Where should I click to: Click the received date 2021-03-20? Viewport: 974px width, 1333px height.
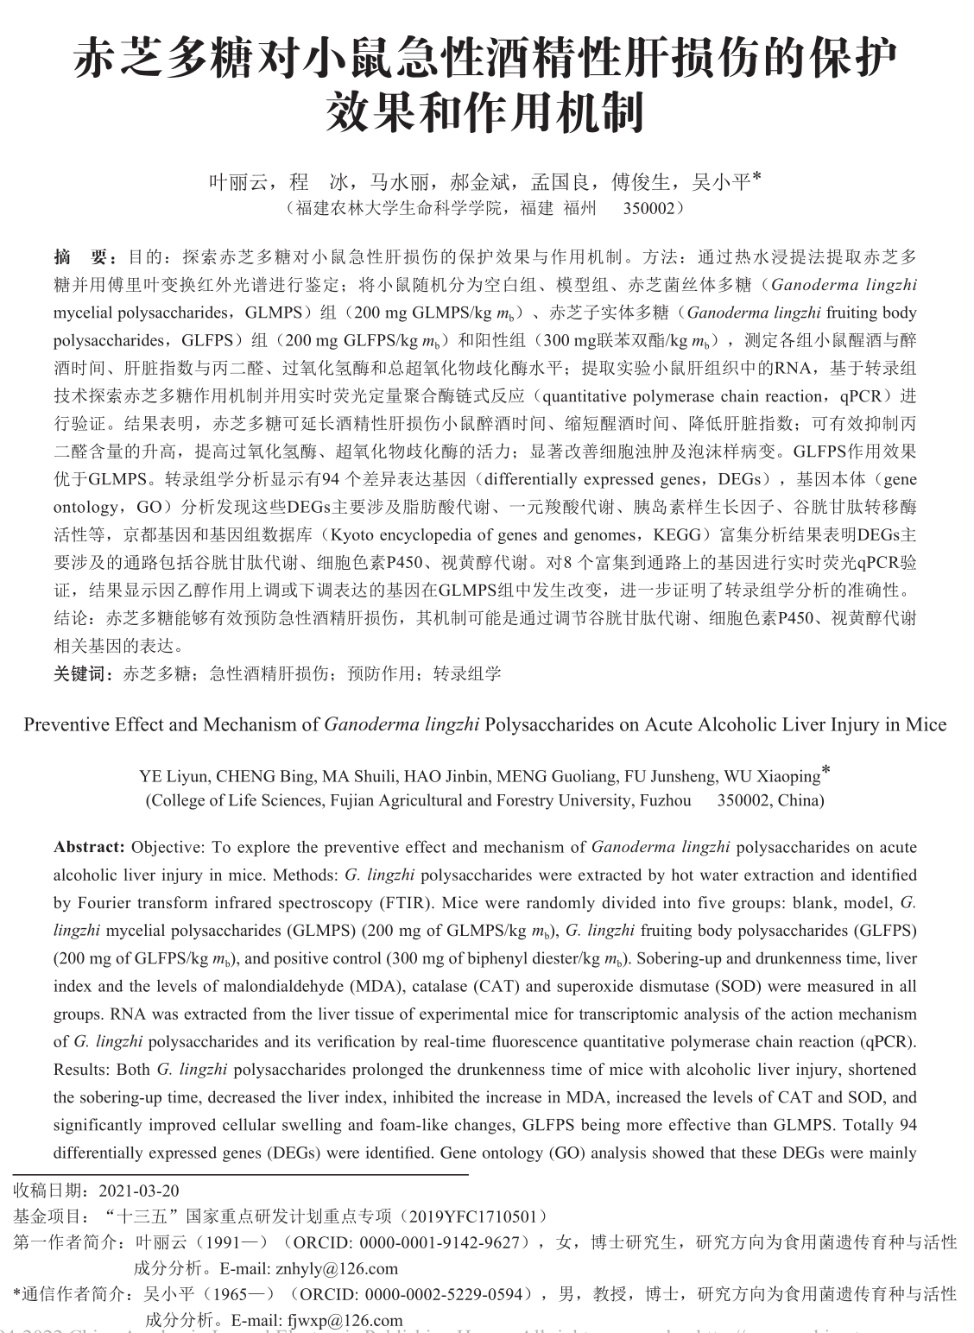coord(139,1191)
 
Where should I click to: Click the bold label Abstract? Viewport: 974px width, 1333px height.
coord(90,847)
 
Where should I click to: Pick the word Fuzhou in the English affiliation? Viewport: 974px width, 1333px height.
coord(665,800)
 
